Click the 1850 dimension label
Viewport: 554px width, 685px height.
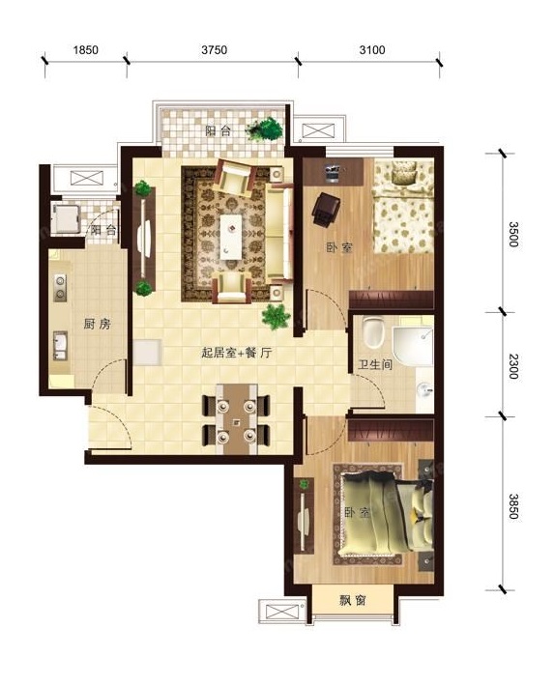point(85,50)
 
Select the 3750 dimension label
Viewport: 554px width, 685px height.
point(215,50)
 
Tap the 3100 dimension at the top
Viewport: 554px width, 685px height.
point(372,50)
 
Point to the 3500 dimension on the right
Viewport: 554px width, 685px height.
point(513,234)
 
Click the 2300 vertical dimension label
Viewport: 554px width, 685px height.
point(513,366)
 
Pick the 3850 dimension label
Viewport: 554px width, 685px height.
point(513,506)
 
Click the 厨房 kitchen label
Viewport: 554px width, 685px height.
point(97,325)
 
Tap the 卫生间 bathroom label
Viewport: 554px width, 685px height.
point(375,364)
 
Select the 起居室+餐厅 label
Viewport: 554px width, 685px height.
point(237,353)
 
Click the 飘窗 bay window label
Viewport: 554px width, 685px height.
point(353,601)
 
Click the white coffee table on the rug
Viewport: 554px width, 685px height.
point(230,237)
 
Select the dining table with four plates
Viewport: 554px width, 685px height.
point(236,419)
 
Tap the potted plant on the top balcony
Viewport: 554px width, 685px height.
point(264,128)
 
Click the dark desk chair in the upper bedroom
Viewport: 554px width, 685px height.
point(326,210)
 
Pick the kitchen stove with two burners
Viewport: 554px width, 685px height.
point(60,288)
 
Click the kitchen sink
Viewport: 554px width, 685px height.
point(60,345)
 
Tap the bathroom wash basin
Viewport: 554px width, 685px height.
point(424,388)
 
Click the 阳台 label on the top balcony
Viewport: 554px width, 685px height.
point(218,130)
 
